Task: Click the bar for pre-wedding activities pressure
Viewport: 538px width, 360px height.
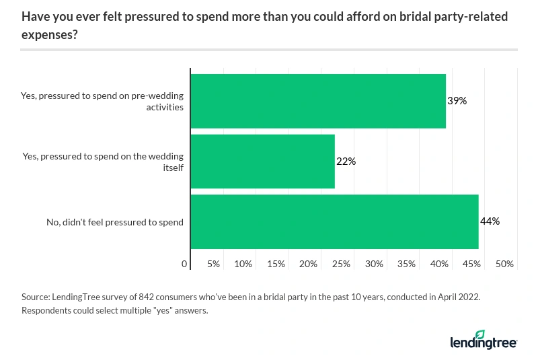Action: coord(318,101)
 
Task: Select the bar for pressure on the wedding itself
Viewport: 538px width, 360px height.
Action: coord(263,161)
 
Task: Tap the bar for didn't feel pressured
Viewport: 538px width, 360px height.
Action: coord(334,222)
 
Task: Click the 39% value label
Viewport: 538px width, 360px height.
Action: coord(457,101)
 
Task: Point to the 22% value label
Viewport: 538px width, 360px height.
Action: coord(346,161)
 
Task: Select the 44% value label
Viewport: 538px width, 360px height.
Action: coord(490,221)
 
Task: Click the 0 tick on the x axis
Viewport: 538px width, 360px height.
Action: coord(185,264)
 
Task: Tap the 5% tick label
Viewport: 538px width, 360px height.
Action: coord(214,264)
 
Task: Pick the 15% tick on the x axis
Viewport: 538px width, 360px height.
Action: coord(276,264)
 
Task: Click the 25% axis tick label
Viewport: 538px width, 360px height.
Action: coord(341,264)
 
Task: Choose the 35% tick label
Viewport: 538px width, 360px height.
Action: coord(406,264)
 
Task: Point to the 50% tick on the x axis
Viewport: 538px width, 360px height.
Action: coord(504,264)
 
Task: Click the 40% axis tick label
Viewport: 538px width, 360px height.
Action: coord(439,264)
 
